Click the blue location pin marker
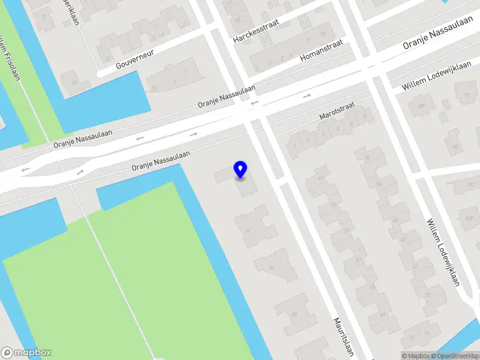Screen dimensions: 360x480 click(x=241, y=169)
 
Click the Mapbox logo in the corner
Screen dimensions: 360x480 click(x=26, y=353)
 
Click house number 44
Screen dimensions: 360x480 click(x=248, y=230)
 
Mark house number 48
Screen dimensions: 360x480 click(x=294, y=313)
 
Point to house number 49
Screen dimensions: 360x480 click(x=320, y=178)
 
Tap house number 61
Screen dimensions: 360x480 click(x=359, y=259)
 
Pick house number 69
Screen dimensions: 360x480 click(x=382, y=314)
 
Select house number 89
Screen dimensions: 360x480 click(x=421, y=106)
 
